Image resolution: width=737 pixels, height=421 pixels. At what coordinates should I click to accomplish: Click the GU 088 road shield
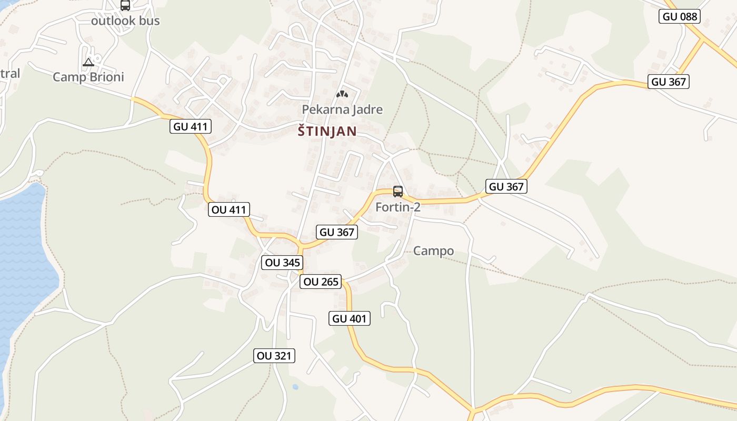pos(680,16)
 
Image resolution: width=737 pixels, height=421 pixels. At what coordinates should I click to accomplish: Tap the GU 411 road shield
pos(191,126)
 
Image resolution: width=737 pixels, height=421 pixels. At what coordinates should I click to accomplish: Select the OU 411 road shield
pos(228,209)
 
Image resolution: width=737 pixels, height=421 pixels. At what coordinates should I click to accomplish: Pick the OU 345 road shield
pos(283,263)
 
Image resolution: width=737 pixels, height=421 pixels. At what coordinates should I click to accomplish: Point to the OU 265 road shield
pos(321,282)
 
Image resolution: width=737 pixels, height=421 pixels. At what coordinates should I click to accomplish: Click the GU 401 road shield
pos(350,318)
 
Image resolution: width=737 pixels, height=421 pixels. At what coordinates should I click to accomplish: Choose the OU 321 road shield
pos(274,356)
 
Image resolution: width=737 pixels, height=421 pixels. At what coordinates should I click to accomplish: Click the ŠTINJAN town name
pos(327,131)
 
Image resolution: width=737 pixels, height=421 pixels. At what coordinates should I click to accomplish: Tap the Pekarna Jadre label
pos(342,109)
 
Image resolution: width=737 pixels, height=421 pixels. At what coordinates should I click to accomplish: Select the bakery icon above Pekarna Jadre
pos(342,94)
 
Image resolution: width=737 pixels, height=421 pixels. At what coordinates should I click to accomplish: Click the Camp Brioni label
pos(88,77)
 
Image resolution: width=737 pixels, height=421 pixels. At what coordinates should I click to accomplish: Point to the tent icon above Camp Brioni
pos(88,63)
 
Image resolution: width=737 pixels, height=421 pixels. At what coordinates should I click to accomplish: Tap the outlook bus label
pos(125,21)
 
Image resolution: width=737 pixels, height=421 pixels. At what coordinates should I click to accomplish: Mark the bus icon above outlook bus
pos(125,6)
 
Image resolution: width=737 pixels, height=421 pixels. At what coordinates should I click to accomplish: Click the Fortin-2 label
pos(398,207)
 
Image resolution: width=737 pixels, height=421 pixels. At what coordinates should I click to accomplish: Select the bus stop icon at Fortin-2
pos(398,192)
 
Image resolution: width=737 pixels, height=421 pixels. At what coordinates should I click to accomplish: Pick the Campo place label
pos(434,251)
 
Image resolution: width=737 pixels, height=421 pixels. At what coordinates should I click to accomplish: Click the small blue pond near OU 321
pos(295,387)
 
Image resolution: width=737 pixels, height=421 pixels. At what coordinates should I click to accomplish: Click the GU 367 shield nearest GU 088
pos(669,82)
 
